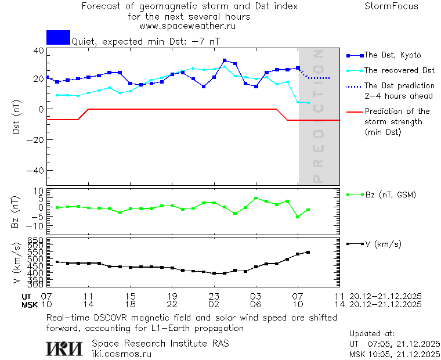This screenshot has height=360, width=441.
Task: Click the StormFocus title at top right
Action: pyautogui.click(x=391, y=6)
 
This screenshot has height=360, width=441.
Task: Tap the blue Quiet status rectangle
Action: pyautogui.click(x=58, y=37)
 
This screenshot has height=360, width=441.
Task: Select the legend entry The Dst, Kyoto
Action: pyautogui.click(x=392, y=55)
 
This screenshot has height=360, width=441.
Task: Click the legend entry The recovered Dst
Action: pyautogui.click(x=399, y=71)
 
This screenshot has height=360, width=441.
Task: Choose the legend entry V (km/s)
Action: pyautogui.click(x=382, y=244)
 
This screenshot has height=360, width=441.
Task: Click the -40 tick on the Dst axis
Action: pyautogui.click(x=37, y=171)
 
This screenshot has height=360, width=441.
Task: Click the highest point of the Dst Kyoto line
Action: pyautogui.click(x=225, y=60)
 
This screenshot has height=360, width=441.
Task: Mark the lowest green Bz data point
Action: pyautogui.click(x=298, y=217)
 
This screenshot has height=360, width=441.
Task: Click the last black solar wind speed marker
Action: pyautogui.click(x=308, y=252)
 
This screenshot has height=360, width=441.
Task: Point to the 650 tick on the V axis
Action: pyautogui.click(x=36, y=239)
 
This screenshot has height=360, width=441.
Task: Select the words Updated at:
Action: pyautogui.click(x=372, y=334)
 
